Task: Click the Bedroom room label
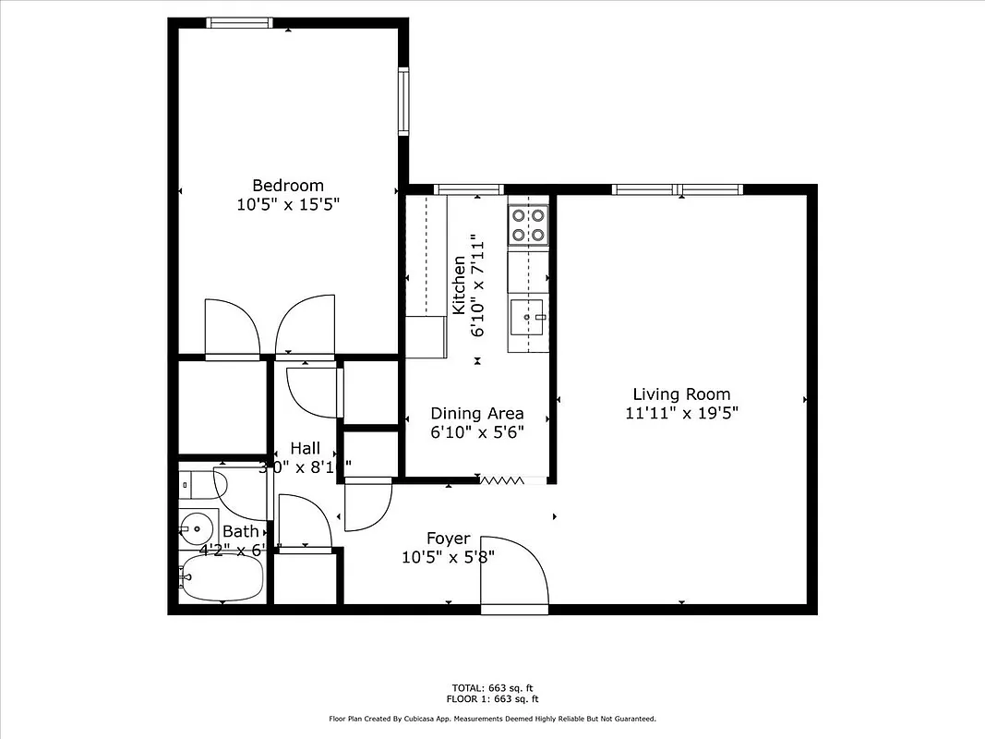pyautogui.click(x=288, y=186)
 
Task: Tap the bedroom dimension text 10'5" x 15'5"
pyautogui.click(x=288, y=205)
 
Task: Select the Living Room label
pyautogui.click(x=681, y=394)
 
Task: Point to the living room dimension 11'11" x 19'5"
pyautogui.click(x=681, y=413)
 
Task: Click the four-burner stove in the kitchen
pyautogui.click(x=528, y=225)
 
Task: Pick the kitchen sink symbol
pyautogui.click(x=528, y=318)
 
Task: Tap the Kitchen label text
pyautogui.click(x=459, y=285)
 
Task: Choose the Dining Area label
pyautogui.click(x=477, y=413)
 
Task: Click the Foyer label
pyautogui.click(x=448, y=539)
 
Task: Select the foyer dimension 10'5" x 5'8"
pyautogui.click(x=448, y=557)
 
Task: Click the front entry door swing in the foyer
pyautogui.click(x=514, y=573)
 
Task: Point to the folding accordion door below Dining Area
pyautogui.click(x=501, y=479)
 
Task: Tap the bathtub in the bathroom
pyautogui.click(x=222, y=578)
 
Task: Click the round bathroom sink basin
pyautogui.click(x=196, y=529)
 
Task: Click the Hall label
pyautogui.click(x=305, y=448)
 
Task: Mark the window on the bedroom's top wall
pyautogui.click(x=239, y=23)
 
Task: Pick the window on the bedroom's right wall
pyautogui.click(x=403, y=101)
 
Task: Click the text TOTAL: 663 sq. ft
pyautogui.click(x=492, y=688)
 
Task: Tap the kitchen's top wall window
pyautogui.click(x=468, y=189)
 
